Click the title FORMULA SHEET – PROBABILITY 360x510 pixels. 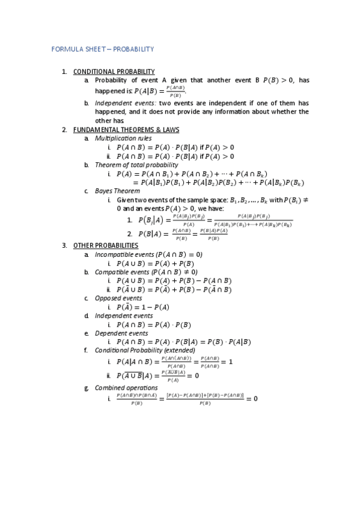tap(103, 49)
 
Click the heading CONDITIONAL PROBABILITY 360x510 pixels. tap(114, 72)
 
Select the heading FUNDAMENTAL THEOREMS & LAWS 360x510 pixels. tap(126, 129)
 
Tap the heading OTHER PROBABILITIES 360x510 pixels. tap(106, 245)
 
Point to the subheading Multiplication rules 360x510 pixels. tap(123, 138)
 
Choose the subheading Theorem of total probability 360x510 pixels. tap(136, 165)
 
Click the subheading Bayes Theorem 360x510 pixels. tap(117, 191)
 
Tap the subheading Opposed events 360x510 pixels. tap(118, 298)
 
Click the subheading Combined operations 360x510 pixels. tap(126, 388)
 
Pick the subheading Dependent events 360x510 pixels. tap(121, 333)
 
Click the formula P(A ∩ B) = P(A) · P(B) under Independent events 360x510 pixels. tap(153, 325)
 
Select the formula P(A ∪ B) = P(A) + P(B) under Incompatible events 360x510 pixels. tap(155, 263)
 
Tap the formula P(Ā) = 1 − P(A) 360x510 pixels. tap(142, 307)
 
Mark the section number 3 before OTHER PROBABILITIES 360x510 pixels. tap(64, 245)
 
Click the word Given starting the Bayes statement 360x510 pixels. tap(126, 200)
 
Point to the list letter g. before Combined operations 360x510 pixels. tap(87, 388)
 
